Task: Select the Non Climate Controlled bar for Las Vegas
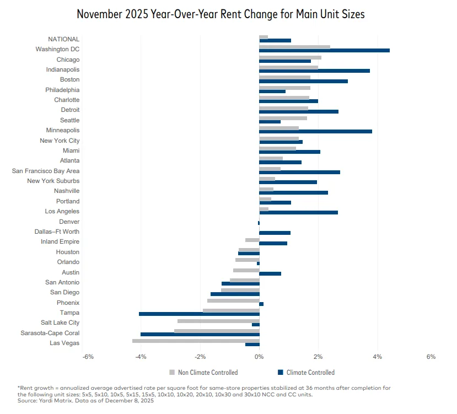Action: pyautogui.click(x=196, y=341)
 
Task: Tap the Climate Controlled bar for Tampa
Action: pyautogui.click(x=199, y=314)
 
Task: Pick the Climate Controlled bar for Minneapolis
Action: pyautogui.click(x=315, y=131)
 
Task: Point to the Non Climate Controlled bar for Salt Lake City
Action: pyautogui.click(x=218, y=320)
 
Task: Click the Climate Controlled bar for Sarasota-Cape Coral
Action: pyautogui.click(x=200, y=334)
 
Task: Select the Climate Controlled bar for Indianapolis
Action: pyautogui.click(x=314, y=71)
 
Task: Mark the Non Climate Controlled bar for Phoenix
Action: pyautogui.click(x=233, y=300)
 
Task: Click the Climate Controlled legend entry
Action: pyautogui.click(x=309, y=373)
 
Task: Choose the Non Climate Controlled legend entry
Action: pyautogui.click(x=203, y=373)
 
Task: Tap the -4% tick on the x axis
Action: pyautogui.click(x=141, y=357)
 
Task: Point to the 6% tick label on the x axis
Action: pyautogui.click(x=431, y=357)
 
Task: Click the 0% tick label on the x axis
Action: pyautogui.click(x=259, y=357)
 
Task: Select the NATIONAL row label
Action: pyautogui.click(x=64, y=39)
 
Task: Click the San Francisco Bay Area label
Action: pyautogui.click(x=46, y=171)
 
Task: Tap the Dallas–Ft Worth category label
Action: pyautogui.click(x=57, y=232)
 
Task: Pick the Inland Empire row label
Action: pyautogui.click(x=60, y=241)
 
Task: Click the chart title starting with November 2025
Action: pyautogui.click(x=221, y=14)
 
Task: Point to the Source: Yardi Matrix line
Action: pyautogui.click(x=85, y=401)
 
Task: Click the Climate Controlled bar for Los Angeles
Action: pyautogui.click(x=298, y=212)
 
